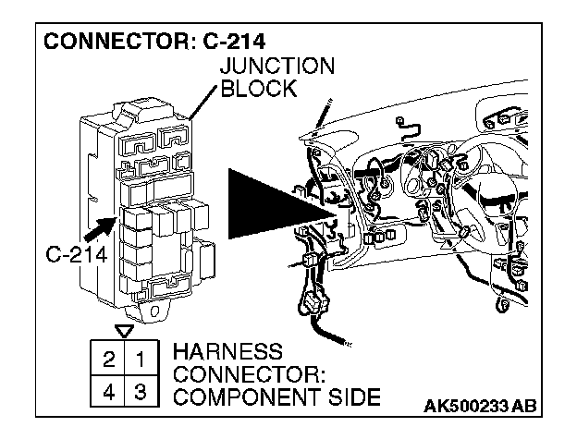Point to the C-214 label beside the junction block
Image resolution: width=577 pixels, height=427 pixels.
75,254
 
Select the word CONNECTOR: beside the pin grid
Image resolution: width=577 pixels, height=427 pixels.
237,376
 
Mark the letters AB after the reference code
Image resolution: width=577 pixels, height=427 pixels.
530,407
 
